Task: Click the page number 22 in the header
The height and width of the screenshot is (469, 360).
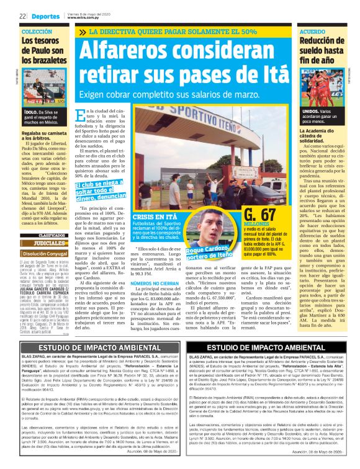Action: [22, 17]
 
